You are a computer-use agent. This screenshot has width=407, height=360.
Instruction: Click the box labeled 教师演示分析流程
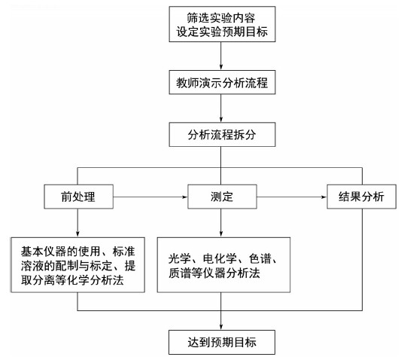pyautogui.click(x=222, y=82)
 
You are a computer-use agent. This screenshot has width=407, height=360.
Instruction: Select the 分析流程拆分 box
pyautogui.click(x=222, y=135)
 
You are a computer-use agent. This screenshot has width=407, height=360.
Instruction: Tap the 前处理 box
pyautogui.click(x=79, y=197)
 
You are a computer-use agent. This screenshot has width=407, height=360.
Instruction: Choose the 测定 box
pyautogui.click(x=222, y=197)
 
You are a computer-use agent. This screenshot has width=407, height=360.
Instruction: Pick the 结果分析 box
pyautogui.click(x=361, y=197)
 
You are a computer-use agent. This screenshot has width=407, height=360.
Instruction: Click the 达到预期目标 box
pyautogui.click(x=222, y=342)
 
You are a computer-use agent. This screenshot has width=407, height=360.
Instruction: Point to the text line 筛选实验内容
pyautogui.click(x=221, y=18)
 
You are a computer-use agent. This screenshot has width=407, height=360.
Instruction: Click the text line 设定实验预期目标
pyautogui.click(x=222, y=32)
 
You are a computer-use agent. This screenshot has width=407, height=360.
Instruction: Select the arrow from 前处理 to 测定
pyautogui.click(x=150, y=197)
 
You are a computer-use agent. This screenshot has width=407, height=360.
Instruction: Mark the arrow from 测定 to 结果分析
pyautogui.click(x=292, y=197)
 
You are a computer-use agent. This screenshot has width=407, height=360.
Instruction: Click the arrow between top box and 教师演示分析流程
pyautogui.click(x=221, y=56)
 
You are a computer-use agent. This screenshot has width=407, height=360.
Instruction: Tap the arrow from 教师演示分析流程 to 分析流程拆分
pyautogui.click(x=221, y=108)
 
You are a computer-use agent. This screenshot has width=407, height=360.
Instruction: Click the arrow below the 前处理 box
pyautogui.click(x=77, y=223)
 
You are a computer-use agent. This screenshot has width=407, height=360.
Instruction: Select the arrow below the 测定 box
pyautogui.click(x=221, y=223)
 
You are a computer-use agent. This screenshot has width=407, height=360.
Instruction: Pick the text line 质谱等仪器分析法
pyautogui.click(x=214, y=273)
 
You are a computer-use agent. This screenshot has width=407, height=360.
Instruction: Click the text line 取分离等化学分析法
pyautogui.click(x=72, y=280)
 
